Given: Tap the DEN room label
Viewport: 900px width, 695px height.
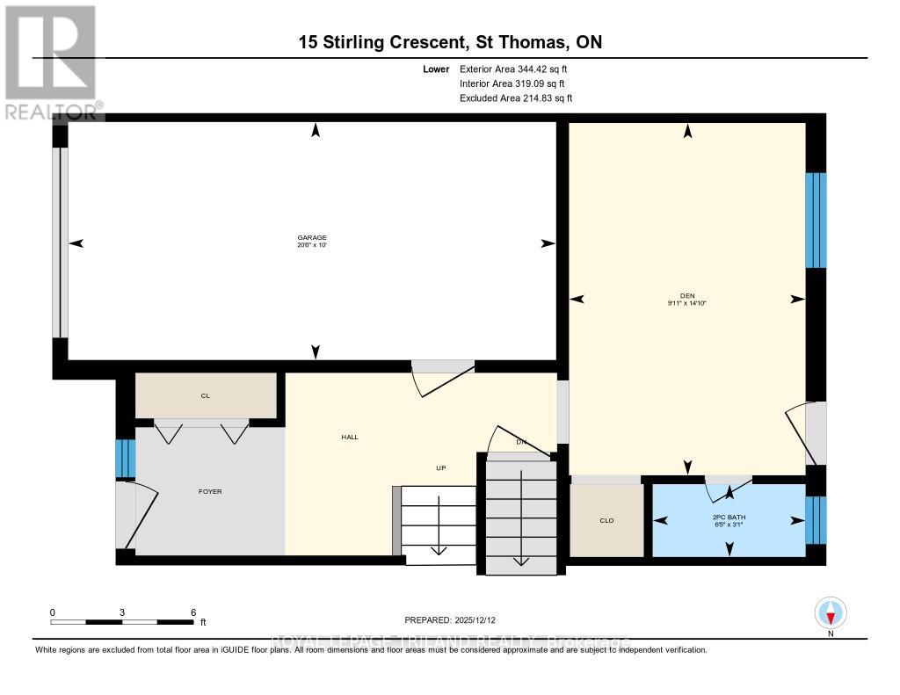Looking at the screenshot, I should pyautogui.click(x=687, y=294).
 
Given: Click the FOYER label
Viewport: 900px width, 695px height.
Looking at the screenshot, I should pyautogui.click(x=210, y=491).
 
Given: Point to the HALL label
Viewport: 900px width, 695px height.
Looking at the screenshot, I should pyautogui.click(x=349, y=437).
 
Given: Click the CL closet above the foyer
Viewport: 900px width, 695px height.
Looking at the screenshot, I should pyautogui.click(x=206, y=396).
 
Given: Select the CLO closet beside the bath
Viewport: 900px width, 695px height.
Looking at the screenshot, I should pyautogui.click(x=606, y=520).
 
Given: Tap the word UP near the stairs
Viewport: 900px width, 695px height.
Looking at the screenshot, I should pyautogui.click(x=441, y=467).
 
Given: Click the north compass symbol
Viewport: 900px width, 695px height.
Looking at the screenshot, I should pyautogui.click(x=830, y=612).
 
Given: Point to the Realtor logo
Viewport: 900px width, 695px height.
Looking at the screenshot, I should pyautogui.click(x=51, y=62).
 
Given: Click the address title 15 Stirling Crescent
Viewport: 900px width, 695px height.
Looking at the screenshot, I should pyautogui.click(x=450, y=42).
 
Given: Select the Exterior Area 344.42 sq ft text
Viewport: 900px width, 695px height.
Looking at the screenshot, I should pyautogui.click(x=519, y=69).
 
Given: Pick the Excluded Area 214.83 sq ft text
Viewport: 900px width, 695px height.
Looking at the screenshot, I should pyautogui.click(x=516, y=98).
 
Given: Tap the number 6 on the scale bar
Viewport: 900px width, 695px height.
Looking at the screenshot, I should pyautogui.click(x=192, y=612).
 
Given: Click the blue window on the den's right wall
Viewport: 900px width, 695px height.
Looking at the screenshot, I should pyautogui.click(x=817, y=220).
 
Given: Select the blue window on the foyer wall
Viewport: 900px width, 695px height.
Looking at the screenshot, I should pyautogui.click(x=127, y=458).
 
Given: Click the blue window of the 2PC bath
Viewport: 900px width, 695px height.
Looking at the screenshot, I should pyautogui.click(x=817, y=519).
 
